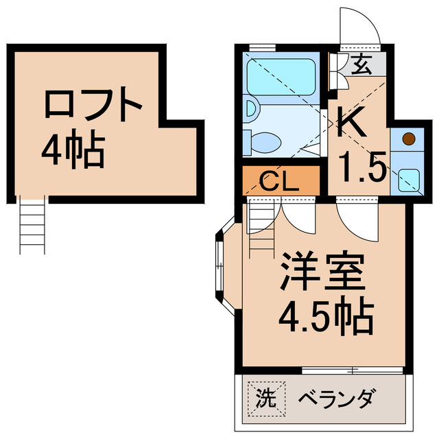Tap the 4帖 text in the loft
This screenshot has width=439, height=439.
point(73,151)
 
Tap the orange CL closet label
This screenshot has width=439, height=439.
point(280,183)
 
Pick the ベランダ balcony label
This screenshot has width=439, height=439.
point(339,398)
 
